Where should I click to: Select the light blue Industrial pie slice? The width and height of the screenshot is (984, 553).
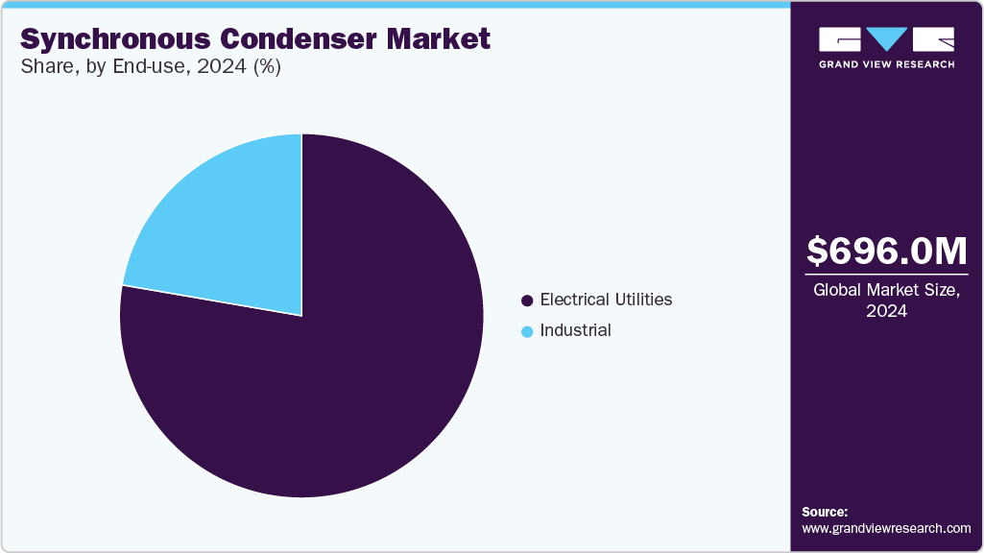pos(230,230)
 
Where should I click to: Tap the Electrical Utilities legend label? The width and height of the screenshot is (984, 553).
pos(606,300)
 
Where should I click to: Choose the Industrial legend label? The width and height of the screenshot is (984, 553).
pos(575,330)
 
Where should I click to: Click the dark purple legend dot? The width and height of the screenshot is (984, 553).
pos(527,301)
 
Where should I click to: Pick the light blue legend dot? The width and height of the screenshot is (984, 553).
pos(527,331)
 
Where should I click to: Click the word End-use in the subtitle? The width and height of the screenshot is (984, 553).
pos(136,68)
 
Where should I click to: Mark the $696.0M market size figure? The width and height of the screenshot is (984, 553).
pos(887,251)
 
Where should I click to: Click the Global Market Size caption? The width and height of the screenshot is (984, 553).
pos(887,290)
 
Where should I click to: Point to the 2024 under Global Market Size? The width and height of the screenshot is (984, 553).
pos(887,311)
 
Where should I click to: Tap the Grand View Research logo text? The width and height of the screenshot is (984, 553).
pos(886,64)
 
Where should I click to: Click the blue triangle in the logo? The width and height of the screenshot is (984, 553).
pos(886,39)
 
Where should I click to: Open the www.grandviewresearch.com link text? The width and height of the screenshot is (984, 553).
pos(886,528)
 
